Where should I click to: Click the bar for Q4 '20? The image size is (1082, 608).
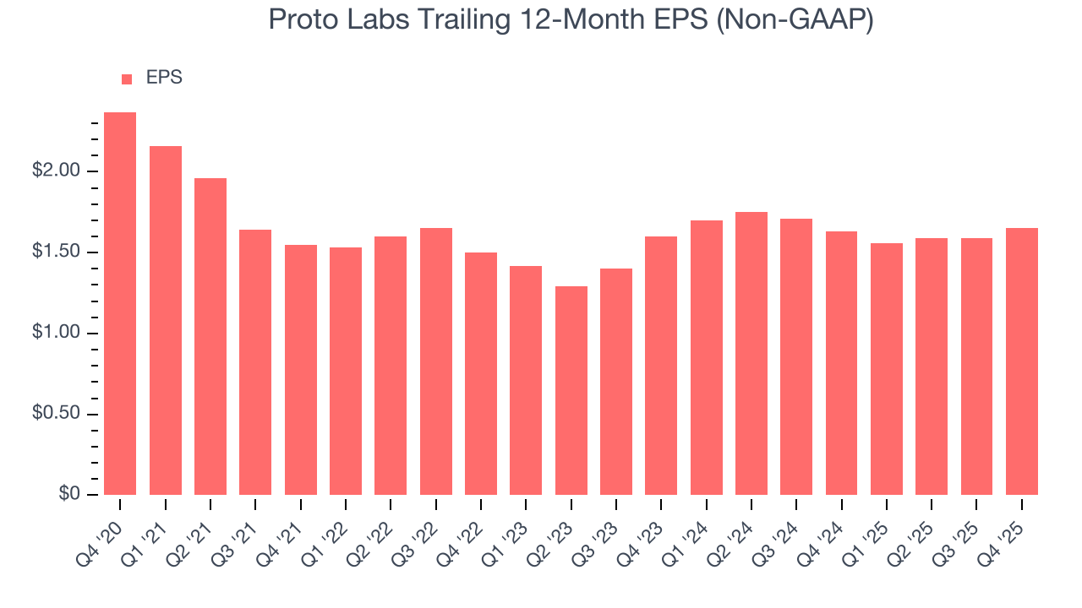coord(120,304)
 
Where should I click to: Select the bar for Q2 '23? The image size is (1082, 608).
coord(571,390)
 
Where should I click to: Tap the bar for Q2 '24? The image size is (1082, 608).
coord(751,353)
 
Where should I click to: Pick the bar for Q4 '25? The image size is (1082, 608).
coord(1022,361)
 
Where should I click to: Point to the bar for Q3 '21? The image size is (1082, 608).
coord(255,362)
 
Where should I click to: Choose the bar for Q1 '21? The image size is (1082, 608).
coord(166,321)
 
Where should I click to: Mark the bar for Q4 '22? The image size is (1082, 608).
coord(481,373)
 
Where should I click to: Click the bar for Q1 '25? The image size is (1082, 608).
coord(887,369)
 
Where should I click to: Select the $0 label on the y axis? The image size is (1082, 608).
coord(69,495)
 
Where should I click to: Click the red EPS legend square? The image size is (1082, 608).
coord(127,79)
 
